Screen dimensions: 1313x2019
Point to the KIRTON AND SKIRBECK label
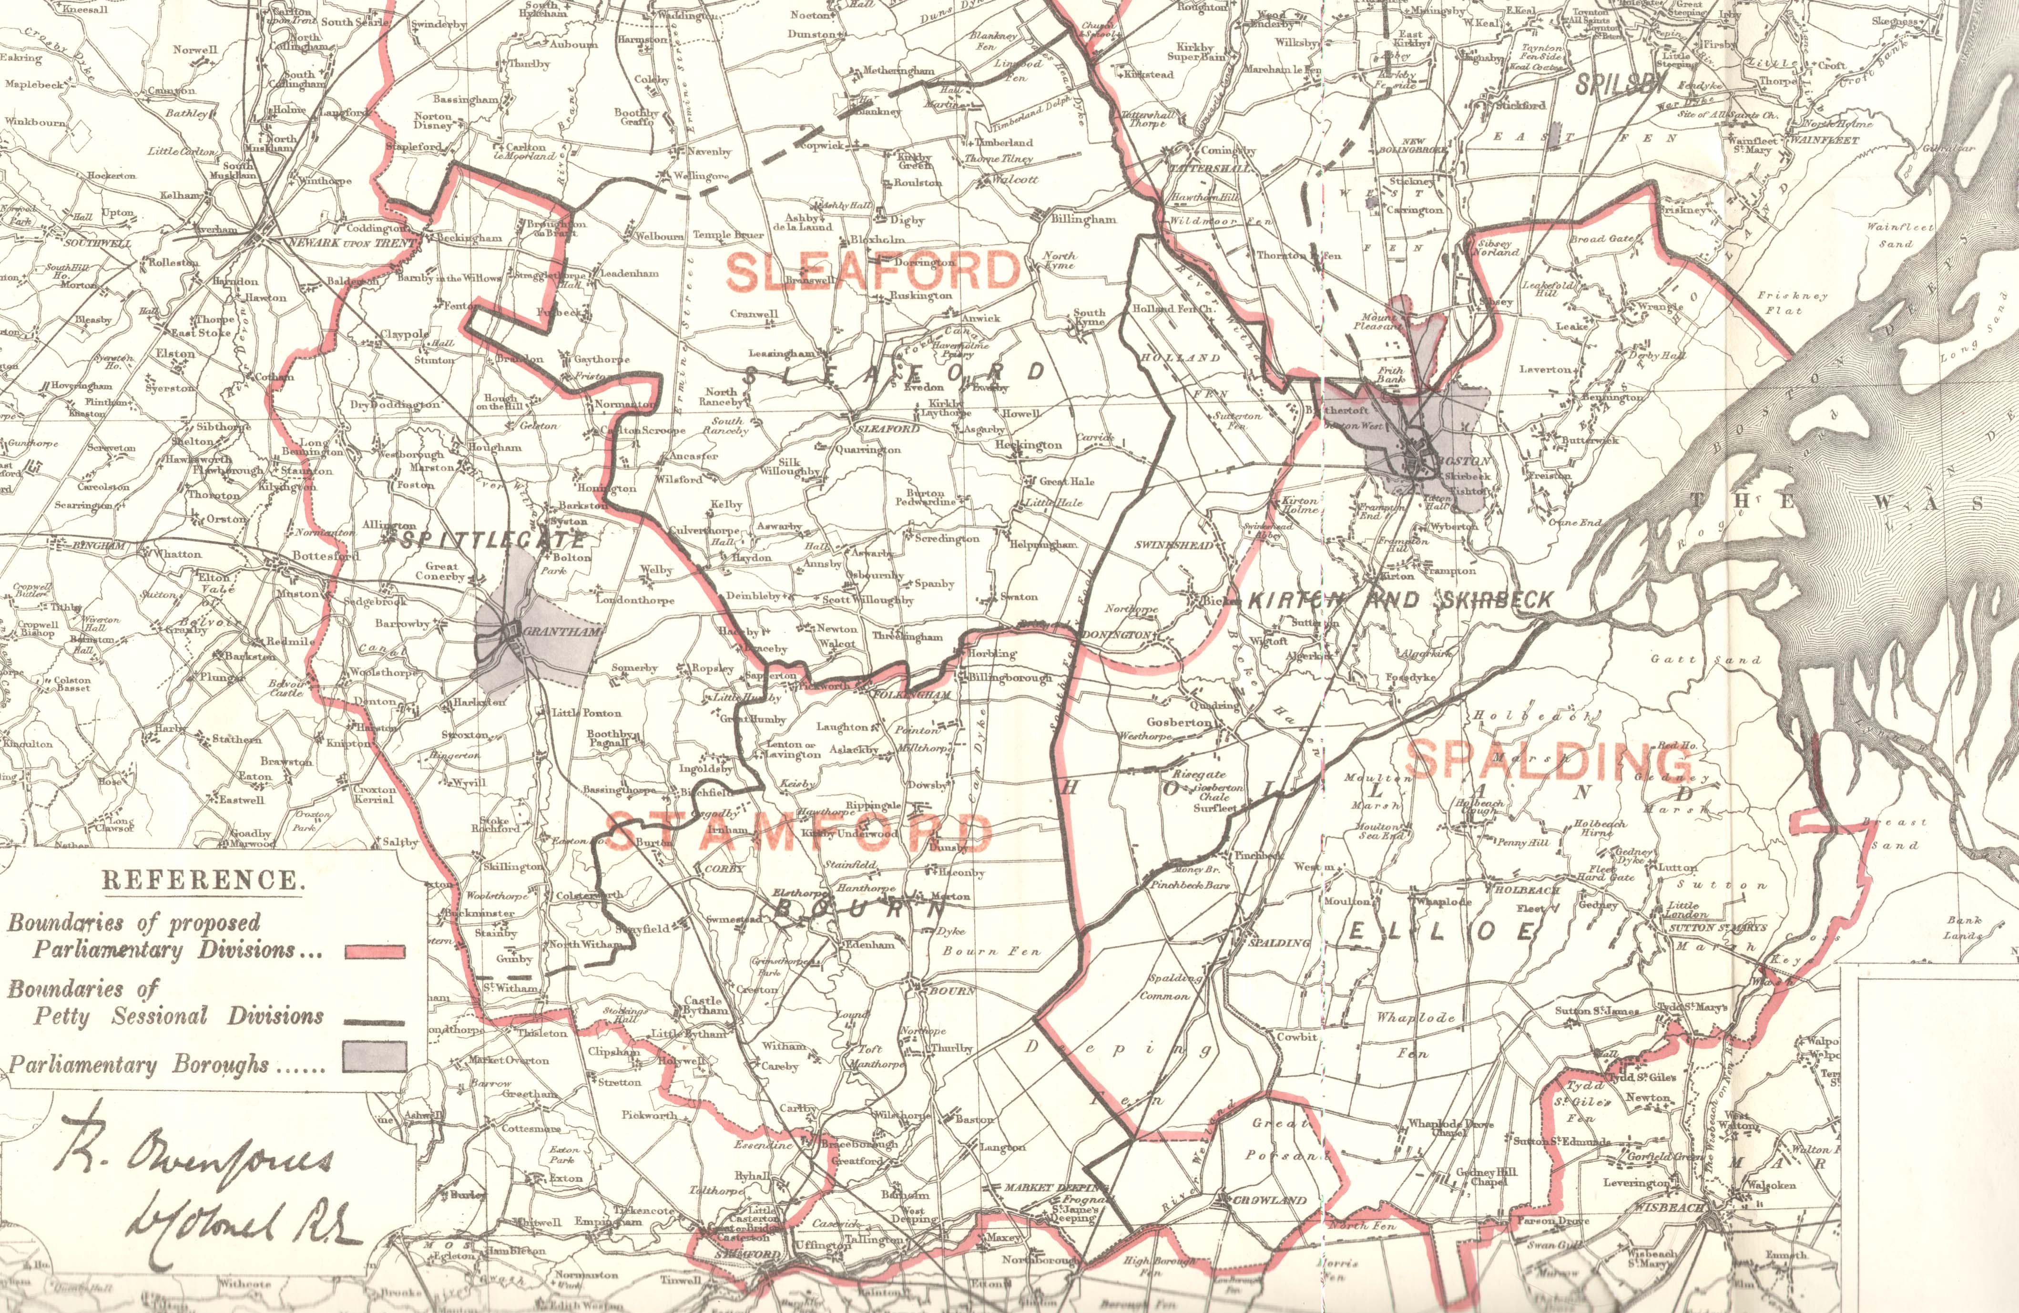click(x=1400, y=600)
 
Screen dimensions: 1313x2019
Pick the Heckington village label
click(x=1028, y=445)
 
